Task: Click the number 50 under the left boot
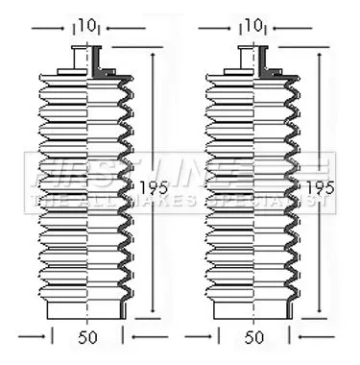coord(88,339)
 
